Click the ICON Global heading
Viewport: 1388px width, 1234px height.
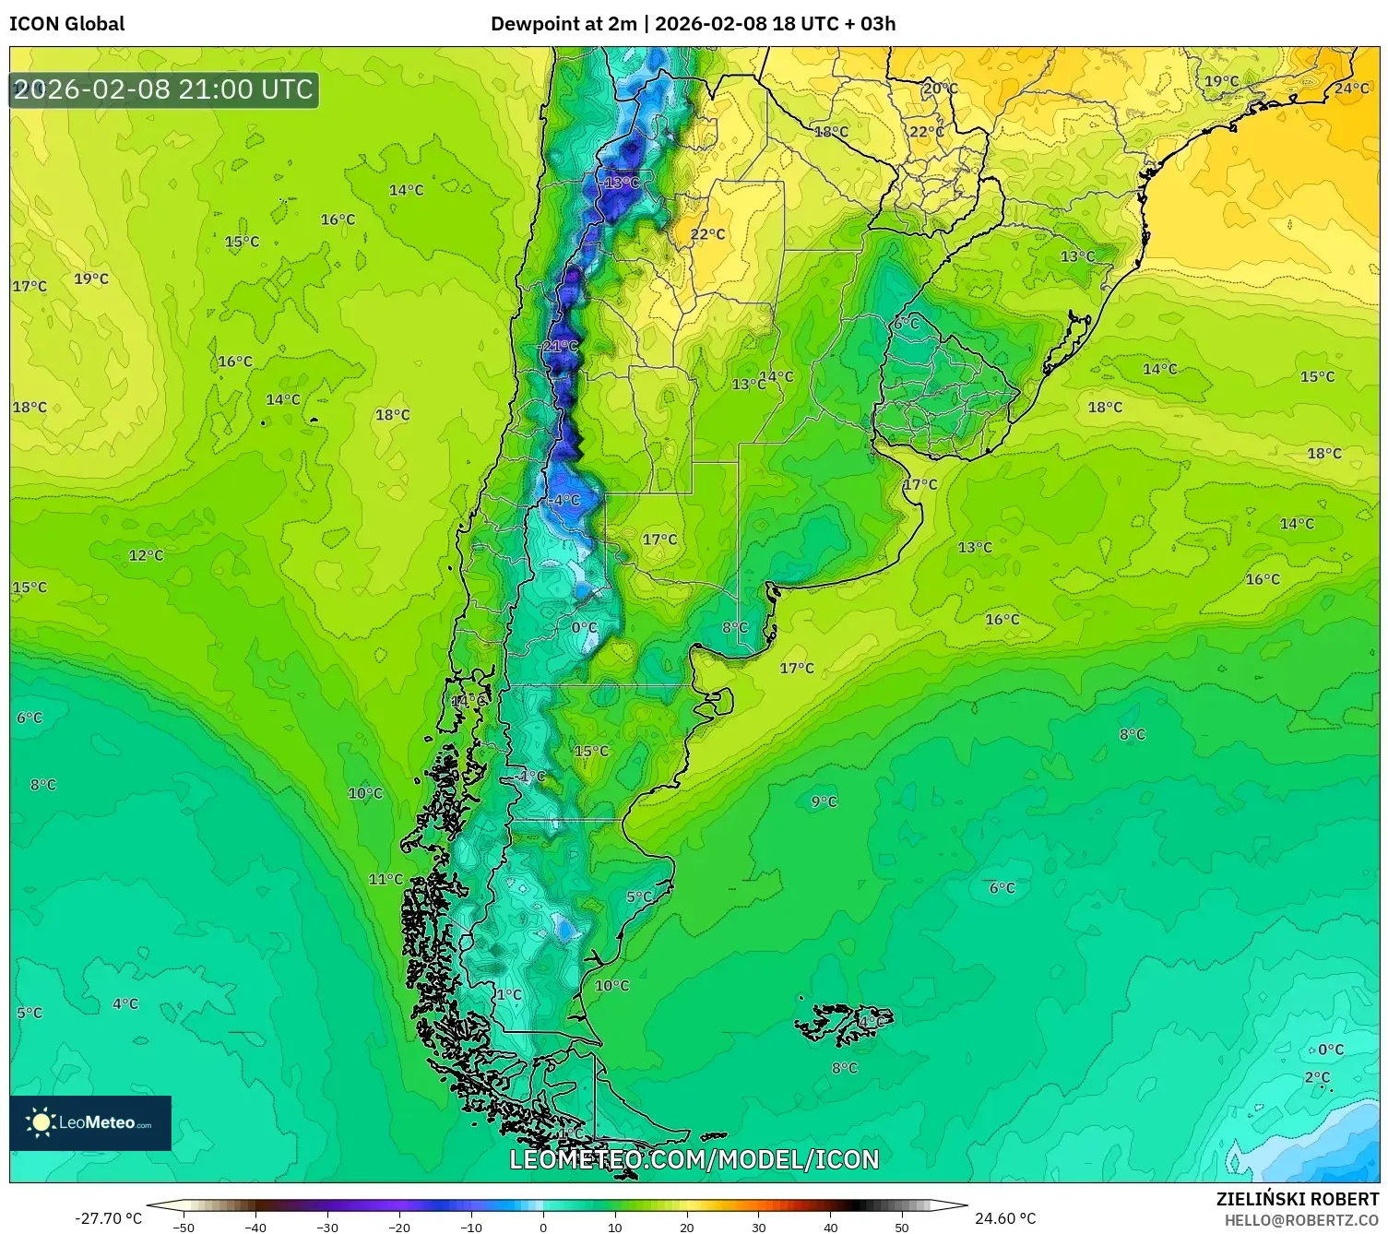coord(67,24)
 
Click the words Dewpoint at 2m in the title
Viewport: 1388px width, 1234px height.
coord(563,24)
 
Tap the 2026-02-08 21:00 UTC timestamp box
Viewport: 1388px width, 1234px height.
coord(164,90)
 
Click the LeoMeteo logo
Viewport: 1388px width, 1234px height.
coord(90,1122)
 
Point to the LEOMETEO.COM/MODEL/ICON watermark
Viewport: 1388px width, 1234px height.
coord(694,1159)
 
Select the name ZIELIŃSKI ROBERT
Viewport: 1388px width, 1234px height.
coord(1297,1199)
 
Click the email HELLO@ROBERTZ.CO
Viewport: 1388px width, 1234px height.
coord(1301,1220)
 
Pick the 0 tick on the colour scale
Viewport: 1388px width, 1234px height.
coord(543,1227)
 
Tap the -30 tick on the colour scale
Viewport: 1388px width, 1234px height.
coord(327,1227)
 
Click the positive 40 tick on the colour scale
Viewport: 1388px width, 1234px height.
coord(830,1227)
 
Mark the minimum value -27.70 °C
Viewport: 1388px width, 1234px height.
coord(108,1218)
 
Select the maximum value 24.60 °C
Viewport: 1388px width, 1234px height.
coord(1005,1218)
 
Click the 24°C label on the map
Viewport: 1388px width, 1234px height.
coord(1351,89)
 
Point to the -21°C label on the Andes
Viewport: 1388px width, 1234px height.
coord(559,347)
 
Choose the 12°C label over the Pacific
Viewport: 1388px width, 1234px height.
coord(146,555)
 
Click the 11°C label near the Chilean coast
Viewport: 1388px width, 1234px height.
coord(386,879)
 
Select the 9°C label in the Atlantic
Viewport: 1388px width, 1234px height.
coord(824,801)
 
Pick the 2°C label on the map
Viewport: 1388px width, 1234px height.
coord(1317,1077)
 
